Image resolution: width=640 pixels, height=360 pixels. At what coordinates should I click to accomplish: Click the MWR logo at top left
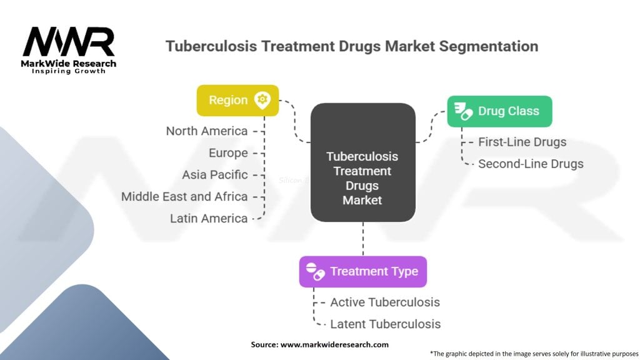pos(69,50)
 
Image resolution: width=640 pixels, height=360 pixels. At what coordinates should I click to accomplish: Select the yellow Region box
pos(237,101)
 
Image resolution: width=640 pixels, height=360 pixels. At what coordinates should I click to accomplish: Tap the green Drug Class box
pos(499,111)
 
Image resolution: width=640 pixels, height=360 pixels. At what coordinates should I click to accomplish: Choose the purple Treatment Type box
pos(363,272)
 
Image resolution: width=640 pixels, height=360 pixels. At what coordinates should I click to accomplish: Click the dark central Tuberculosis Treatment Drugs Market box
pos(363,162)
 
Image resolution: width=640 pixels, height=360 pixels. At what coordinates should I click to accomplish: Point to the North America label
pos(206,131)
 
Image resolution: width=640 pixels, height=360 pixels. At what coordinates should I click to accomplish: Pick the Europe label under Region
pos(228,153)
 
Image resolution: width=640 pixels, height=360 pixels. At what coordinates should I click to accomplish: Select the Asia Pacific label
pos(215,175)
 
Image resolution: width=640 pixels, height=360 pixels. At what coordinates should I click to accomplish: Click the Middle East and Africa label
pos(184,197)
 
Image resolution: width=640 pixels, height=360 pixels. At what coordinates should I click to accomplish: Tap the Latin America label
pos(209,219)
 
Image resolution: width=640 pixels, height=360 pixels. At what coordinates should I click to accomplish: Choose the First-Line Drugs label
pos(522,142)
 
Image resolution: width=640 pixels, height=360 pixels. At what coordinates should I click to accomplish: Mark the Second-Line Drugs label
pos(531,164)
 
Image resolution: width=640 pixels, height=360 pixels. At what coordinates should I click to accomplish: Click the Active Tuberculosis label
pos(385,302)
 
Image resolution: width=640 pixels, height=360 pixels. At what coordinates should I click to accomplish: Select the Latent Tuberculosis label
pos(385,324)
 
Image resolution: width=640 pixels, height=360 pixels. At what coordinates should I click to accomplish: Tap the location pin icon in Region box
pos(262,101)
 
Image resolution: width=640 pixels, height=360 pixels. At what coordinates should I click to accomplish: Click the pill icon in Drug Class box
pos(463,111)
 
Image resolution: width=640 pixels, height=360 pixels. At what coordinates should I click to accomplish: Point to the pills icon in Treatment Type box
pos(315,272)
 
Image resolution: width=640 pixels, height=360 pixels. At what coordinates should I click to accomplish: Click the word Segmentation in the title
pos(489,46)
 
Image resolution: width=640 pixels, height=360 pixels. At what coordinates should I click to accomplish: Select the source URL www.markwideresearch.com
pos(335,345)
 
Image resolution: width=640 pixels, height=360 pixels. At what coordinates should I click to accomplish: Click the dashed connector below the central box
pos(363,239)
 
